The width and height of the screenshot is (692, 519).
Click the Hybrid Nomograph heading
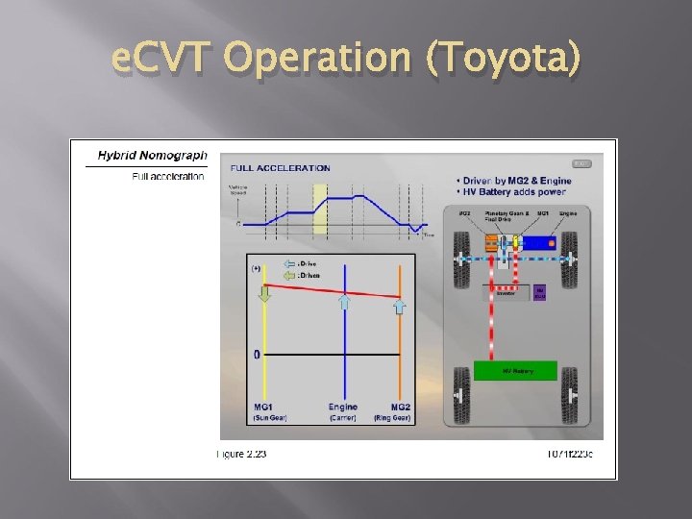coord(152,155)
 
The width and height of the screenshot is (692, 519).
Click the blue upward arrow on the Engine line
coord(343,302)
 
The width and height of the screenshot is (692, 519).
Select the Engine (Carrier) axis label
coord(343,412)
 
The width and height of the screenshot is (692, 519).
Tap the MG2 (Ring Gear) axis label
coord(400,412)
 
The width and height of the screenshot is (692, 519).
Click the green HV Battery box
coord(516,371)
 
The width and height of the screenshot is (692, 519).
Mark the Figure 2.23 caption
coord(242,453)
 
